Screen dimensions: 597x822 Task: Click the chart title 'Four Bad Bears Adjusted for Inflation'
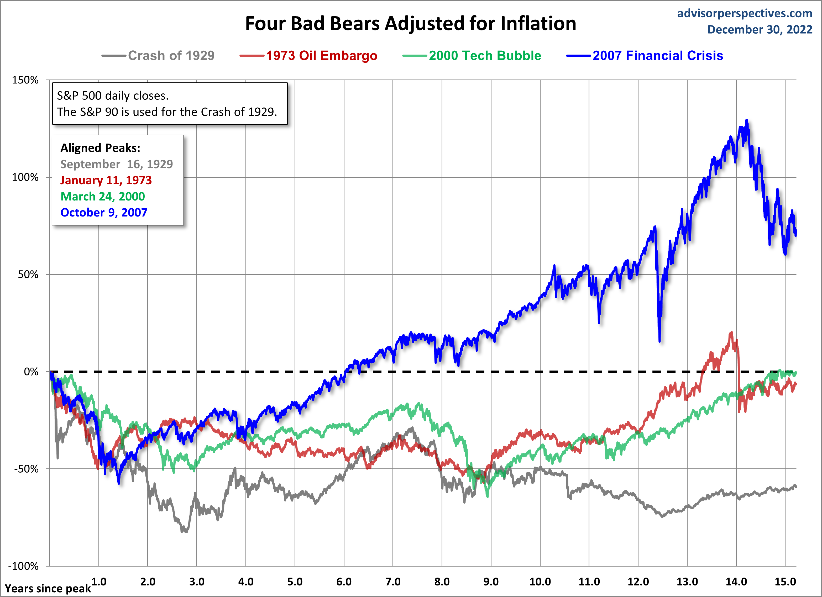(x=410, y=24)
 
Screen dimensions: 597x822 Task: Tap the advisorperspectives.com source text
(x=745, y=13)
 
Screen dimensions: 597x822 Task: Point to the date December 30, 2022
(x=760, y=29)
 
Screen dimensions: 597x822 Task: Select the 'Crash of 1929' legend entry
(x=171, y=55)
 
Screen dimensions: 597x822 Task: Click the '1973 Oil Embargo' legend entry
(x=322, y=55)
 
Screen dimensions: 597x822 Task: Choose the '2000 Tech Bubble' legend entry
(x=485, y=55)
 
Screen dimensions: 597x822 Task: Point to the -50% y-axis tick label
(x=26, y=469)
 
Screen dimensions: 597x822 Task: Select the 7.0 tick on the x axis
(x=393, y=582)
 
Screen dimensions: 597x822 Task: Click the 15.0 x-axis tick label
(x=785, y=582)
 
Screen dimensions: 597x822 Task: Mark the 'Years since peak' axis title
(x=48, y=589)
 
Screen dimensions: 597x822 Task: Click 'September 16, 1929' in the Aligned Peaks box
(x=116, y=164)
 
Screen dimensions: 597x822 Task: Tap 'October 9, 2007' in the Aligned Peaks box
(x=104, y=212)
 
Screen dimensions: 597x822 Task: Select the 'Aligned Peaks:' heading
(x=100, y=148)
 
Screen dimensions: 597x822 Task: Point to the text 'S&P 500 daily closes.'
(x=113, y=96)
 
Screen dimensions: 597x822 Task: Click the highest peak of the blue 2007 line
(x=746, y=120)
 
